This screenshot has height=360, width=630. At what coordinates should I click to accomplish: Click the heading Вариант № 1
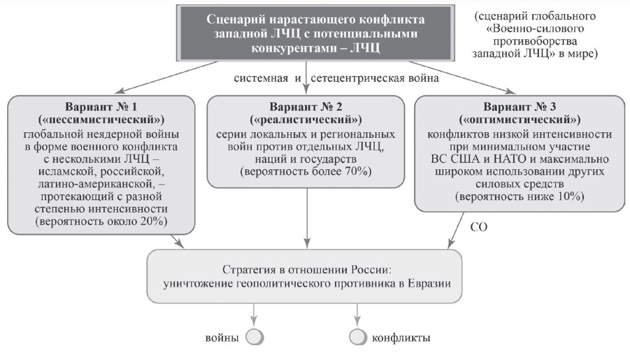coord(101,106)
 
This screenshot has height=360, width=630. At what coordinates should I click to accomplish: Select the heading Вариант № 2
coord(306,106)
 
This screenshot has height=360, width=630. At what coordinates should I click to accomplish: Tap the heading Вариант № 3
coord(520,106)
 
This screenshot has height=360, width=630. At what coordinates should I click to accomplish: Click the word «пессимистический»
coord(101,120)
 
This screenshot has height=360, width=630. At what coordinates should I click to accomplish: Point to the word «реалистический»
coord(306,120)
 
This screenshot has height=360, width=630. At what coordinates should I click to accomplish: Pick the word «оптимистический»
coord(520,120)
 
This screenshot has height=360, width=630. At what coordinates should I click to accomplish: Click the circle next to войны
coord(255,337)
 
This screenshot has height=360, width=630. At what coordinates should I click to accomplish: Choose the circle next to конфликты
coord(357,337)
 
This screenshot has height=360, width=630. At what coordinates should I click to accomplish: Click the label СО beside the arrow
coord(479,227)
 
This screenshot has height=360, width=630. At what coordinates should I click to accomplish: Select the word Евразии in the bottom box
coord(429,283)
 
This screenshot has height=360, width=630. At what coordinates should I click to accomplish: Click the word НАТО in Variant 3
coord(510,159)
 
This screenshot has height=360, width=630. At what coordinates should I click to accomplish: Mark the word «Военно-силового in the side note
coord(535,29)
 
